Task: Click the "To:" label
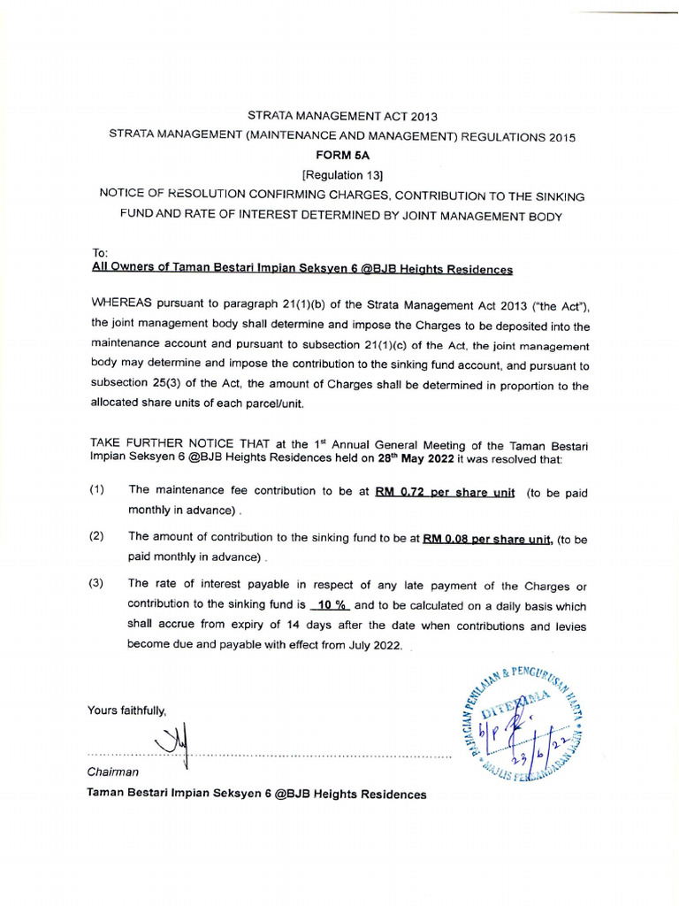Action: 99,253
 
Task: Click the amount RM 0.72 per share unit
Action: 445,493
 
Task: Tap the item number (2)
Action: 97,537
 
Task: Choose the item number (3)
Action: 97,584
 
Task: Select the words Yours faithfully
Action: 126,710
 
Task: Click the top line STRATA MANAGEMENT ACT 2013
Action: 341,116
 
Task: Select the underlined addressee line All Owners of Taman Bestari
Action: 301,269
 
